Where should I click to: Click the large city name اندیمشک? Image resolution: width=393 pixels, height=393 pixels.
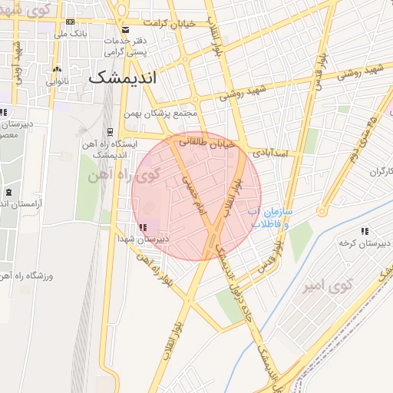(x=122, y=78)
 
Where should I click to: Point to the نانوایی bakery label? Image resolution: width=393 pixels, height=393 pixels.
(x=58, y=81)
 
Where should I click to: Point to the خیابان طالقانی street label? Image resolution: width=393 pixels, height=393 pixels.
(x=206, y=142)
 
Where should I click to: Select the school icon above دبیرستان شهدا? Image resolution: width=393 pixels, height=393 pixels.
(x=143, y=226)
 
